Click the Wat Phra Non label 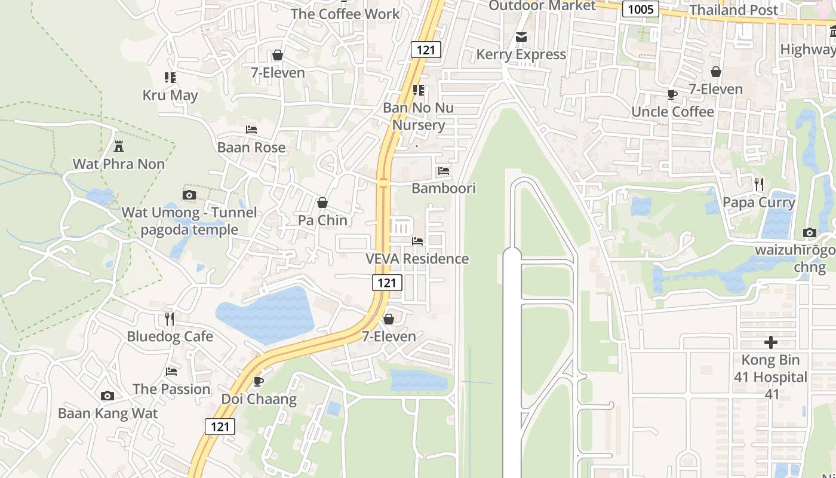pyautogui.click(x=118, y=164)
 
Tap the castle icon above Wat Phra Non pyautogui.click(x=119, y=146)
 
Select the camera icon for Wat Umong pyautogui.click(x=189, y=195)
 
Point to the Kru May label pyautogui.click(x=170, y=95)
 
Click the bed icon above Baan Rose pyautogui.click(x=251, y=130)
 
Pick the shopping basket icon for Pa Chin pyautogui.click(x=322, y=203)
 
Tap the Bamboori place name pyautogui.click(x=443, y=188)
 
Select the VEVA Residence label pyautogui.click(x=417, y=259)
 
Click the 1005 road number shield pyautogui.click(x=640, y=9)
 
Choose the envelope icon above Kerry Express pyautogui.click(x=521, y=37)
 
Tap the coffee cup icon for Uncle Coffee pyautogui.click(x=672, y=94)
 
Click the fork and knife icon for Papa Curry pyautogui.click(x=758, y=185)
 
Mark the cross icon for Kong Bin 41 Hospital pyautogui.click(x=771, y=342)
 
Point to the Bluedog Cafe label pyautogui.click(x=170, y=336)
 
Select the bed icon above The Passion pyautogui.click(x=171, y=372)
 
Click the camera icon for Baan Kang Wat pyautogui.click(x=107, y=396)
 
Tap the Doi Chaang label pyautogui.click(x=259, y=399)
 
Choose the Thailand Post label pyautogui.click(x=733, y=10)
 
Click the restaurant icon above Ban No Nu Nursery pyautogui.click(x=419, y=90)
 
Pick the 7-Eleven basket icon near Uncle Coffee pyautogui.click(x=715, y=72)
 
